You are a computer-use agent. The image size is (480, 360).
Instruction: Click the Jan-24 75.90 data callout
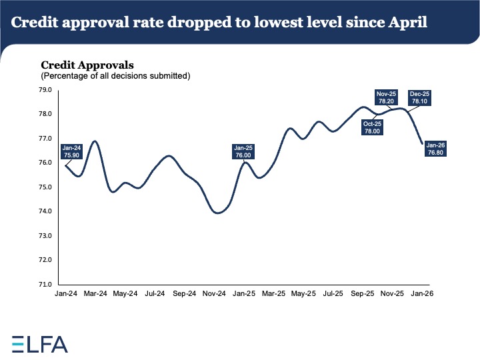71,151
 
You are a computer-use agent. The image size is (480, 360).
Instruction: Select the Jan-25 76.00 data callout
243,151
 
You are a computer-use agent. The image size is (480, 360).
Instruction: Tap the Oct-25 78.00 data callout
371,127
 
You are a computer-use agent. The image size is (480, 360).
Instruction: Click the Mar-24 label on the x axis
95,293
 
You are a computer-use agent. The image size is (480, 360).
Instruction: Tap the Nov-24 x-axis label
215,293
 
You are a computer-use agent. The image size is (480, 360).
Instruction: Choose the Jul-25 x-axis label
333,293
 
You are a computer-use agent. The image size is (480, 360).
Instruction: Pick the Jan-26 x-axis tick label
422,293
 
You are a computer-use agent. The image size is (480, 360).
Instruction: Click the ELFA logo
40,343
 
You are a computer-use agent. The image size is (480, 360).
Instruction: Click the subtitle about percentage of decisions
116,76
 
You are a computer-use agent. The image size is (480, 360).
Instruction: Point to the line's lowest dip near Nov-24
217,213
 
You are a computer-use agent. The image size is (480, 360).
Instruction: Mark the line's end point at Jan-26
421,143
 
